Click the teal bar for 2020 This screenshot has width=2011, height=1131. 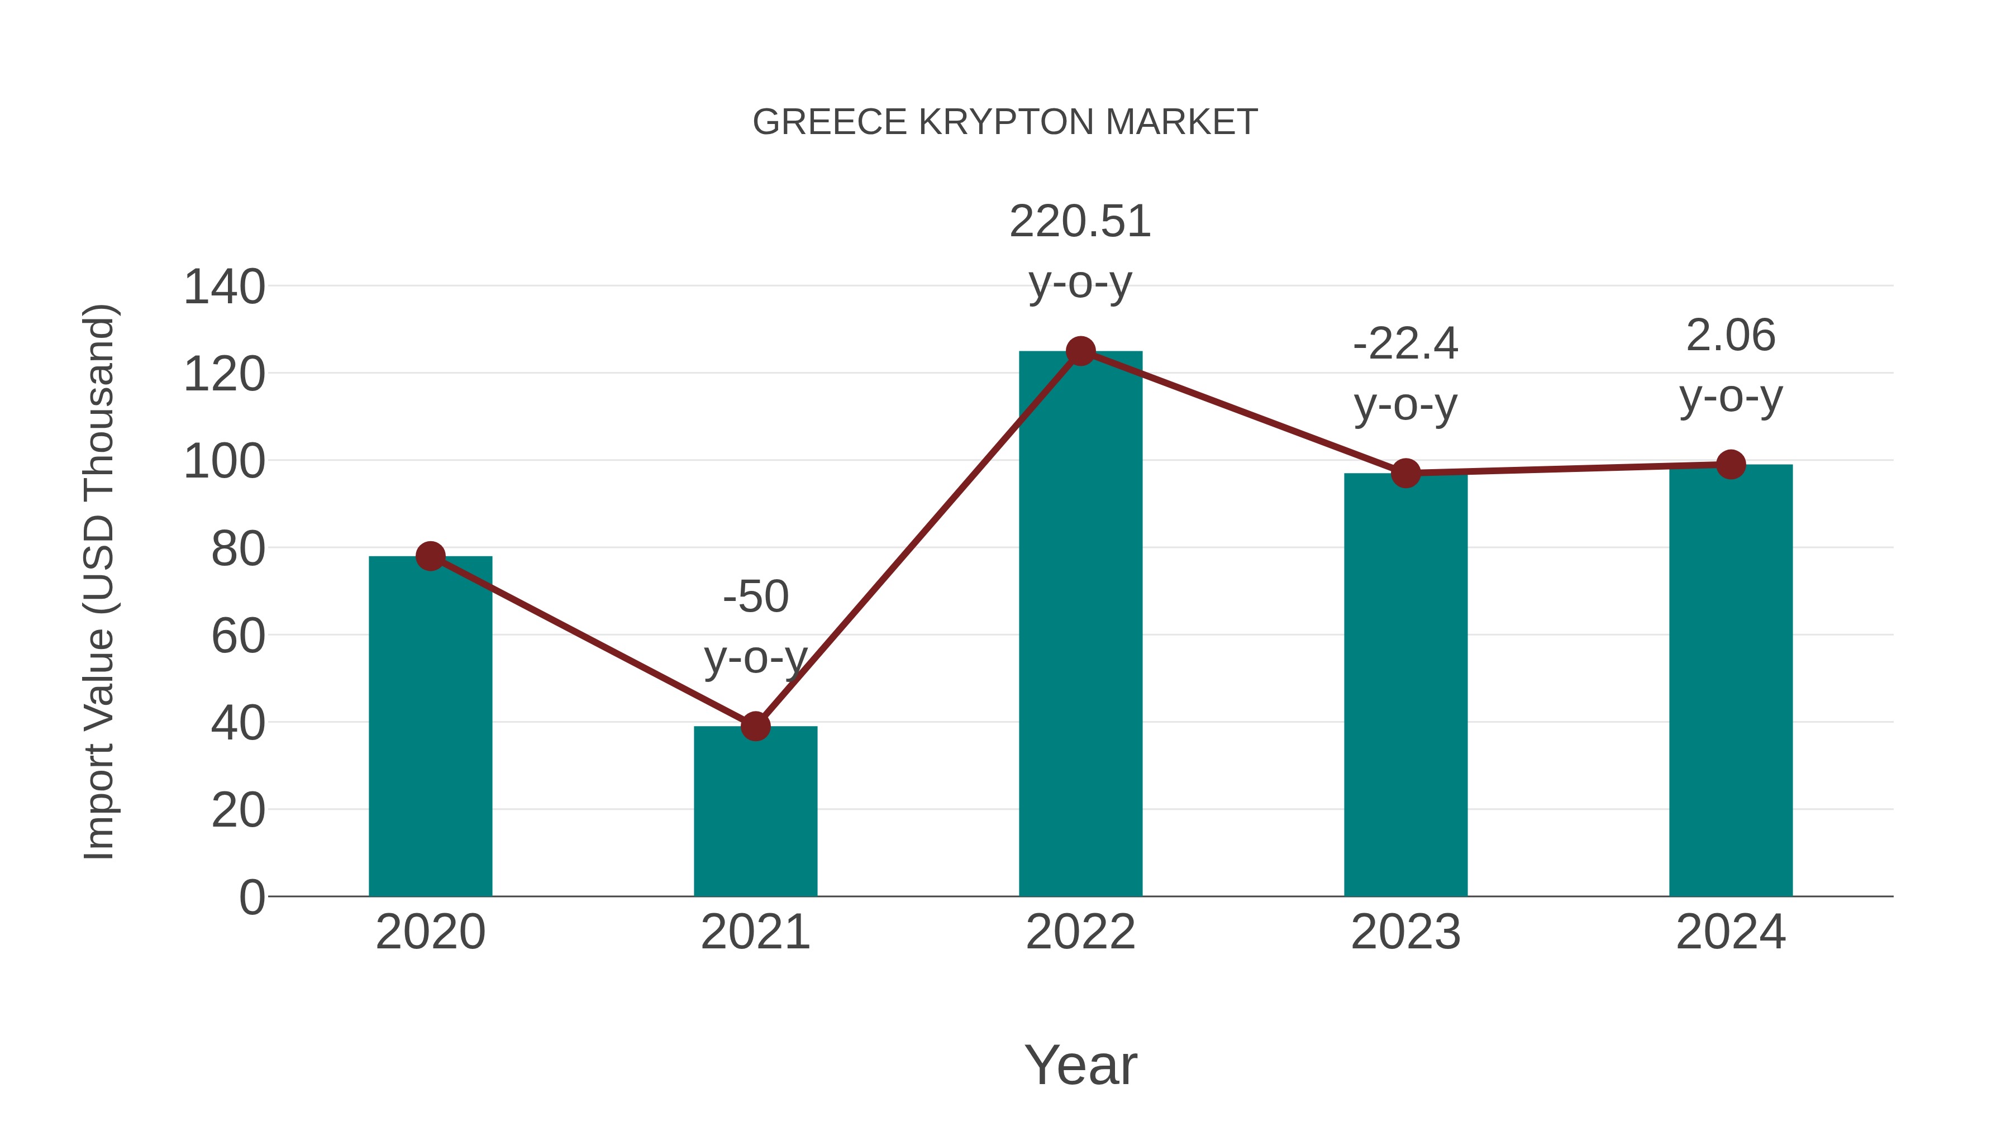click(x=430, y=726)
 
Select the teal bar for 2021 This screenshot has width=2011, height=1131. click(x=755, y=812)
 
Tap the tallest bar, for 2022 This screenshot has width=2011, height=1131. click(x=1080, y=624)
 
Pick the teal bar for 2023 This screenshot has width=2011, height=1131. click(x=1405, y=687)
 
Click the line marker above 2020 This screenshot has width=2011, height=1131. click(x=430, y=556)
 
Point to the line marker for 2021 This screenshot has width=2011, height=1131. click(x=755, y=727)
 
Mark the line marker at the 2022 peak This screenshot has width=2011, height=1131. click(x=1080, y=351)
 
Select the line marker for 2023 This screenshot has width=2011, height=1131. click(x=1405, y=473)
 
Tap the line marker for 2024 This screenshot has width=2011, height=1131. click(x=1731, y=465)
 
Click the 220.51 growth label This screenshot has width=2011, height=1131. click(x=1080, y=222)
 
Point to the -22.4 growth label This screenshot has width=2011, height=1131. click(x=1405, y=344)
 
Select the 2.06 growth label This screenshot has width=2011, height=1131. click(x=1731, y=336)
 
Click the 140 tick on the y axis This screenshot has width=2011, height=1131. click(x=224, y=287)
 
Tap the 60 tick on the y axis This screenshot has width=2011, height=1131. click(x=238, y=636)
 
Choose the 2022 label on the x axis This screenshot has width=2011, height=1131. click(x=1080, y=932)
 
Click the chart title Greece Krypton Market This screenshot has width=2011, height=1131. click(x=1005, y=122)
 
